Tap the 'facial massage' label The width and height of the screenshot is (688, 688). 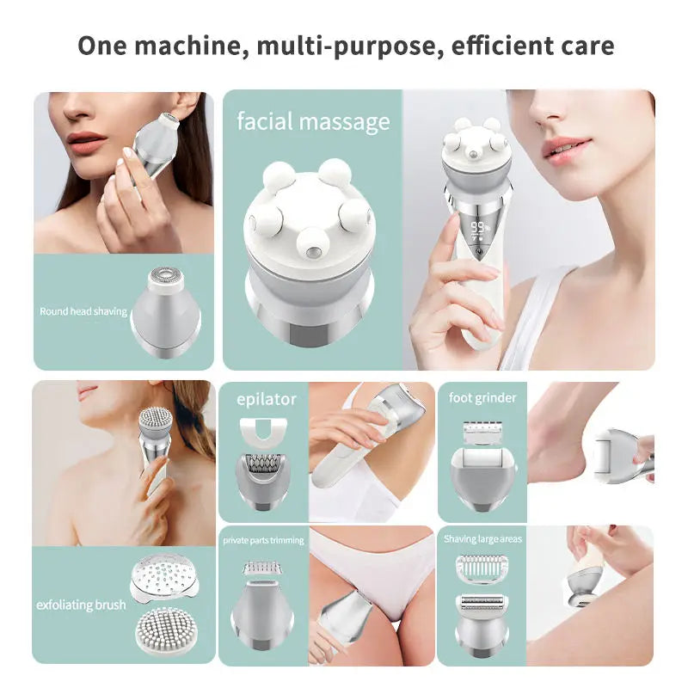tap(313, 121)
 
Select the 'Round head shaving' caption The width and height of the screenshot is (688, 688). tap(83, 311)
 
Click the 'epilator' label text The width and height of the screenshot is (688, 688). tap(266, 398)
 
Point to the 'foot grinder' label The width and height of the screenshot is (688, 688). tap(482, 397)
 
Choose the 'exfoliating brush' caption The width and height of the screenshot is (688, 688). tap(81, 605)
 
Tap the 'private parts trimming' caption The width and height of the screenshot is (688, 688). tap(263, 540)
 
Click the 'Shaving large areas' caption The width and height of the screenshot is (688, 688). tap(482, 539)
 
